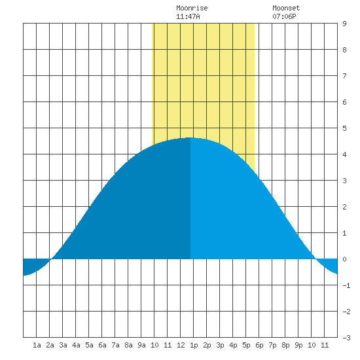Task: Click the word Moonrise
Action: point(192,8)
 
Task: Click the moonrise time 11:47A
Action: point(188,16)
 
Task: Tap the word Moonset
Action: point(286,8)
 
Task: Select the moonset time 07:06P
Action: point(284,16)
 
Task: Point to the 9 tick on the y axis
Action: point(344,24)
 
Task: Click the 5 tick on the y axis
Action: point(344,128)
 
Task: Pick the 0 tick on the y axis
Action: point(344,259)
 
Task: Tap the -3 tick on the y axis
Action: point(346,338)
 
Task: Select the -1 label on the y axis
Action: point(346,285)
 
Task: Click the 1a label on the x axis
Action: point(37,345)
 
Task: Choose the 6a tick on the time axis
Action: point(102,345)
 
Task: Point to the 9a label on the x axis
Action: point(141,345)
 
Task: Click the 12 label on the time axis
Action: point(181,345)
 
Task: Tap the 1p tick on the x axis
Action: point(194,345)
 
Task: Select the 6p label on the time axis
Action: point(259,345)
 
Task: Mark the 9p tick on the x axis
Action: point(298,345)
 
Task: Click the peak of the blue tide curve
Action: point(190,137)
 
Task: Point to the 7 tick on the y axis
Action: point(344,76)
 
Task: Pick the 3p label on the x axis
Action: point(220,345)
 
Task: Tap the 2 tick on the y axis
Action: point(344,207)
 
